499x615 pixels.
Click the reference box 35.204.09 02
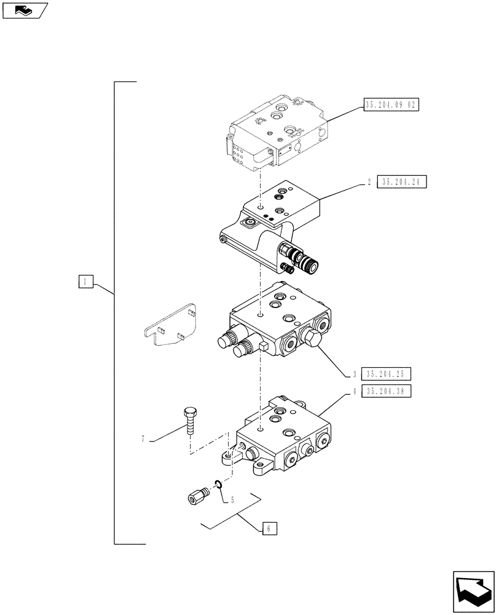(x=391, y=105)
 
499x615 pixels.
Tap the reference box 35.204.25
(x=387, y=373)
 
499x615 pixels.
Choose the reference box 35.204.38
(x=387, y=391)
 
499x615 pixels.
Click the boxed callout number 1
(x=85, y=282)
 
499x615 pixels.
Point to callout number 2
(x=367, y=181)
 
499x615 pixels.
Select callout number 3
(x=355, y=374)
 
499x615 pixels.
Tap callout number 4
(x=355, y=391)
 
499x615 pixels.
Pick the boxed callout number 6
(x=269, y=528)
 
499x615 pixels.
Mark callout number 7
(x=143, y=439)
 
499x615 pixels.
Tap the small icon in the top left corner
(x=25, y=10)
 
